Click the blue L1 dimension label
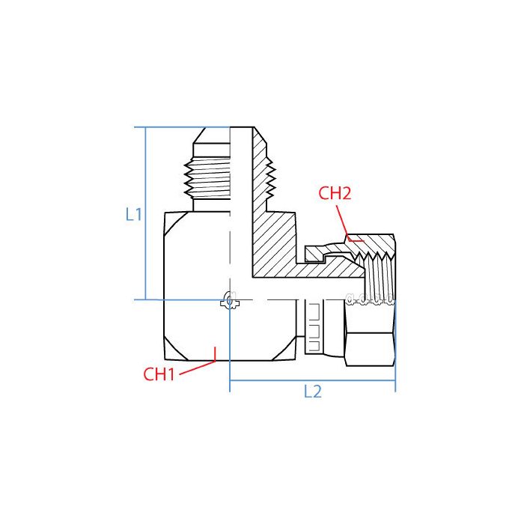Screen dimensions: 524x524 click(134, 215)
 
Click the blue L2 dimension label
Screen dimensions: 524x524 click(312, 392)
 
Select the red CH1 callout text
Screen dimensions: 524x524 click(159, 374)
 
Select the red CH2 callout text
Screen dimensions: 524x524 click(335, 193)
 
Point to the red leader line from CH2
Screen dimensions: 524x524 click(345, 221)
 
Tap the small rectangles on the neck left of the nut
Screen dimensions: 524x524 click(314, 329)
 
